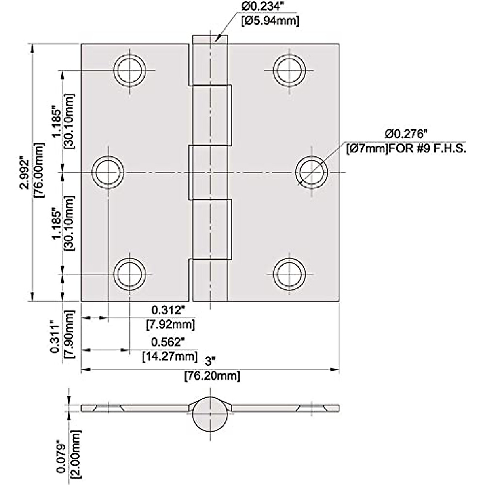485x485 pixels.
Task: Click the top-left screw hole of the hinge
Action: click(x=130, y=70)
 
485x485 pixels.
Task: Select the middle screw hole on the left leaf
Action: click(x=108, y=173)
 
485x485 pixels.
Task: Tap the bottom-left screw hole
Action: click(x=130, y=274)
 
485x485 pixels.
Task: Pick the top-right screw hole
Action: click(x=289, y=70)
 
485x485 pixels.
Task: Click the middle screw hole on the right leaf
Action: click(x=311, y=173)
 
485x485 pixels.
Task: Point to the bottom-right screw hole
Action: click(x=289, y=274)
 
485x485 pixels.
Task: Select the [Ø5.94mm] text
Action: click(x=270, y=21)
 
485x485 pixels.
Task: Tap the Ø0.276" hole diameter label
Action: click(x=406, y=134)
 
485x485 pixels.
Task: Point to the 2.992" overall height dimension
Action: click(x=25, y=173)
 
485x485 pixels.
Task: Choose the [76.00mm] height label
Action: click(x=39, y=170)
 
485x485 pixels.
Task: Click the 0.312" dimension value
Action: click(x=168, y=310)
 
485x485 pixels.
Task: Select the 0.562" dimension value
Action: click(x=168, y=342)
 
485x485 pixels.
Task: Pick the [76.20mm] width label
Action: click(x=212, y=376)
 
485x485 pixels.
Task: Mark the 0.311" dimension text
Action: click(x=55, y=337)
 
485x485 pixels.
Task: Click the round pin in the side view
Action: click(x=210, y=414)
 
